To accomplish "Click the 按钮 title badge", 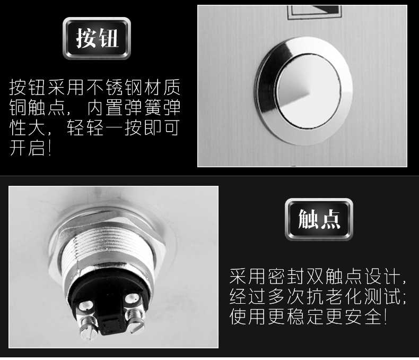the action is pyautogui.click(x=97, y=38).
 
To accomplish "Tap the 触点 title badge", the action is pyautogui.click(x=319, y=219).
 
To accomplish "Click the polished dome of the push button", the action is pyautogui.click(x=309, y=90).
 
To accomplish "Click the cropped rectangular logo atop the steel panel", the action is pyautogui.click(x=315, y=12).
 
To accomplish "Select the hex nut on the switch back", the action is pyautogui.click(x=107, y=241).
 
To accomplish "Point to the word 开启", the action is pyautogui.click(x=27, y=148).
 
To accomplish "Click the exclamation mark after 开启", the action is pyautogui.click(x=50, y=148).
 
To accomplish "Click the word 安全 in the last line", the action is pyautogui.click(x=363, y=316).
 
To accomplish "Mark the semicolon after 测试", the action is pyautogui.click(x=404, y=297).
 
